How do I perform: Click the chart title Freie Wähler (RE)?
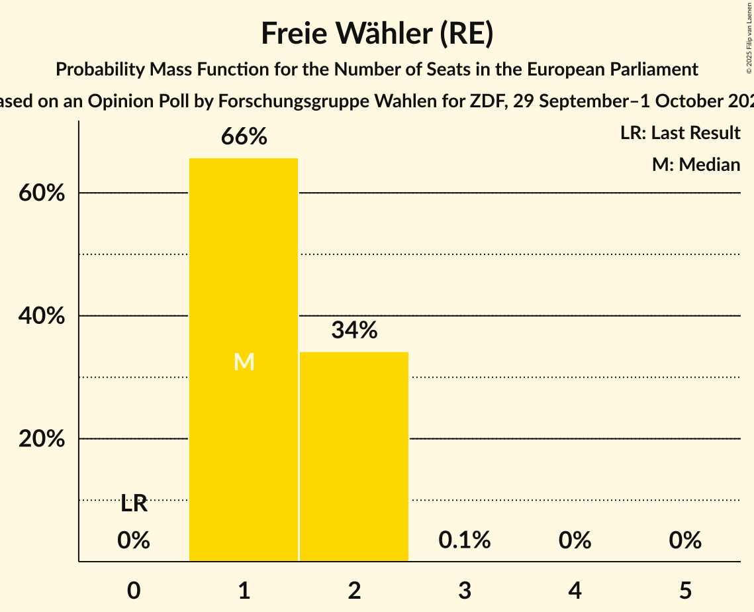coord(377,34)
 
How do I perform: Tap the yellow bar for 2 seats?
coord(354,456)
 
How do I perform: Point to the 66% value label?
coord(244,137)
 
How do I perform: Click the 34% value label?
coord(354,330)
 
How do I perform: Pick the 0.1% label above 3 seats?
coord(465,540)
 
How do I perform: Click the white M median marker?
coord(244,362)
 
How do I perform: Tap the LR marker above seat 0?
coord(134,504)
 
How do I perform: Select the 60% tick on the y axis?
coord(42,193)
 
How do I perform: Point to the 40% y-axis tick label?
coord(42,317)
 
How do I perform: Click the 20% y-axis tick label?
coord(42,439)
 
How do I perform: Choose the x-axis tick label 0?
coord(134,591)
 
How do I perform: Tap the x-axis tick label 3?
coord(465,591)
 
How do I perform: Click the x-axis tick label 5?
coord(685,591)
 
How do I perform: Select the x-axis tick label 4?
coord(575,591)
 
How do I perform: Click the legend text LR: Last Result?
coord(680,133)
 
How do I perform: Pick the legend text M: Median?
coord(696,164)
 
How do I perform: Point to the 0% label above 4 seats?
coord(575,540)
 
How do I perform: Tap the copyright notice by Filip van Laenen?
coord(748,40)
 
